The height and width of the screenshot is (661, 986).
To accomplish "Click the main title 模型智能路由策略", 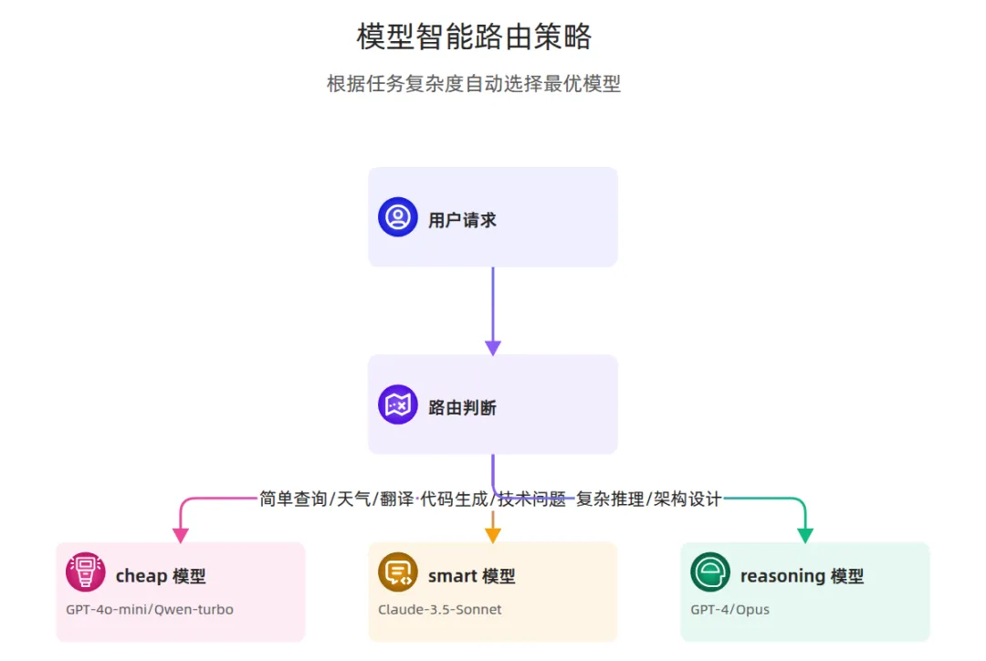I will point(474,37).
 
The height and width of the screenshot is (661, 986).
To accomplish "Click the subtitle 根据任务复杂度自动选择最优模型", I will point(474,84).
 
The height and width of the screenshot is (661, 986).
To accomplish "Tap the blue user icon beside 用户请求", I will point(398,217).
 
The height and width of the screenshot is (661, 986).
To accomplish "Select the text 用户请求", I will point(462,220).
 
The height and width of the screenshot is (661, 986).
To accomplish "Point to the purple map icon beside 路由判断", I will point(398,404).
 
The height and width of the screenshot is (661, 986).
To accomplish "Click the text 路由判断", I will point(462,408).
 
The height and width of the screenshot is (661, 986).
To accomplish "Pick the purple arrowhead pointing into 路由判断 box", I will point(493,348).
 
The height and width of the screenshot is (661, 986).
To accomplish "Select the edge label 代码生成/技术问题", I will point(493,498).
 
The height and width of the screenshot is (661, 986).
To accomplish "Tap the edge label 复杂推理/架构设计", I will point(648,498).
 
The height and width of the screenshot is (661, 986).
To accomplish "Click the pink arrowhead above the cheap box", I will point(181,535).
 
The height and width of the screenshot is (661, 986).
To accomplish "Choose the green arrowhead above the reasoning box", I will point(805,535).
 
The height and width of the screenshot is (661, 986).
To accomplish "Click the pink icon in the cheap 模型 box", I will point(86,572).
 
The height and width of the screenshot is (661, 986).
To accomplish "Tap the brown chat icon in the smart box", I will point(398,572).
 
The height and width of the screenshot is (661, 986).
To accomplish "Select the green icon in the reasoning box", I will point(710,572).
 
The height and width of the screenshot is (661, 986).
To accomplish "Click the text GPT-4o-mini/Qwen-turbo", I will point(150,609).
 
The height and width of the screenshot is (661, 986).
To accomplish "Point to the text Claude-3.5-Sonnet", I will point(440,609).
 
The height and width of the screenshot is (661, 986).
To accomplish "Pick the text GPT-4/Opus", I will point(729,609).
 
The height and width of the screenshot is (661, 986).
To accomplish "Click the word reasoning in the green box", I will point(781,576).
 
